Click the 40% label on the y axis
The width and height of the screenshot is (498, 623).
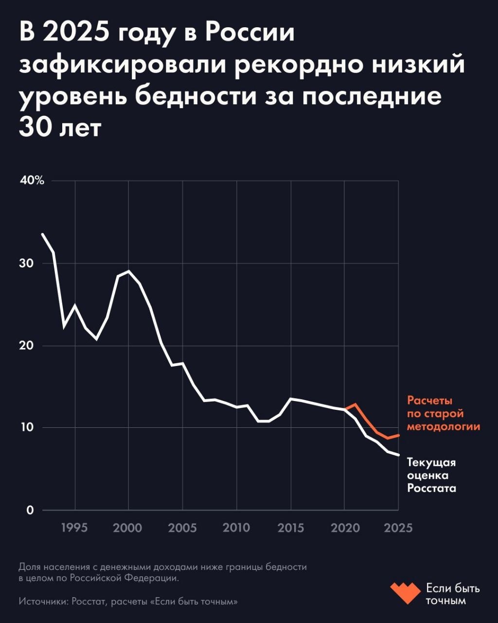(x=33, y=181)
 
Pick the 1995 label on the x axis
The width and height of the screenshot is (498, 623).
(x=75, y=528)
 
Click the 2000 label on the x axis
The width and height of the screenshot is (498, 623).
(x=128, y=528)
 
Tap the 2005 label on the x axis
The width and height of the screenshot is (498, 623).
(x=182, y=528)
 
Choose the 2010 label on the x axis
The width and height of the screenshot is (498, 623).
(x=236, y=528)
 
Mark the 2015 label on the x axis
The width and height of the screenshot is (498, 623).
(x=290, y=528)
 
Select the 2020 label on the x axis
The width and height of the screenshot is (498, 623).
(x=344, y=528)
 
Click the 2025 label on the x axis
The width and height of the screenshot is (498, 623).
(x=398, y=528)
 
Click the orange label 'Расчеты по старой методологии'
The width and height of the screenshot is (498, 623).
(x=443, y=414)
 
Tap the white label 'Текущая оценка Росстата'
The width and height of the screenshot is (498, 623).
(x=431, y=475)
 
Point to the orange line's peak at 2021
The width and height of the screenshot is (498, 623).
(x=356, y=404)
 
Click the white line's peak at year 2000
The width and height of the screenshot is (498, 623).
(x=128, y=271)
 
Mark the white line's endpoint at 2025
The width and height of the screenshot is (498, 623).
(x=398, y=455)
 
